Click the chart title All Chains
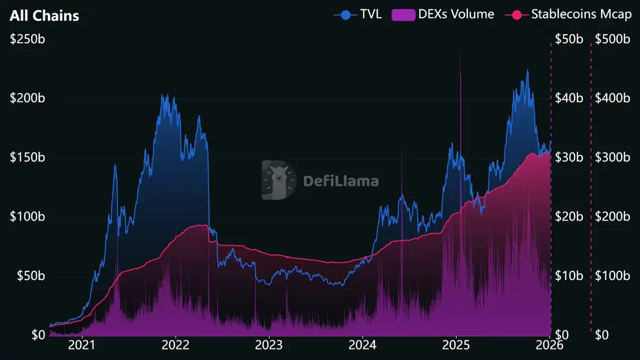pos(44,16)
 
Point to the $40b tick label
pos(569,99)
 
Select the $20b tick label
pos(569,217)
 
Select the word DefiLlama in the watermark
pos(341,181)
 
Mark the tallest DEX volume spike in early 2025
pos(460,53)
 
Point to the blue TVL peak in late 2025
pos(527,71)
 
